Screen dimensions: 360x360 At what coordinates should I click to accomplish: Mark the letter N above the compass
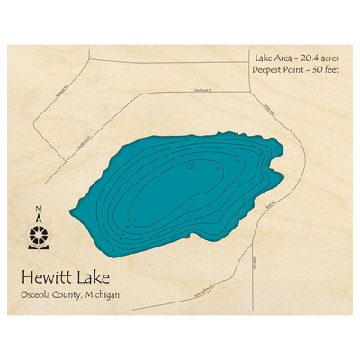pos(38,212)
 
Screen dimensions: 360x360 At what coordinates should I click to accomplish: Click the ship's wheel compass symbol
pos(38,236)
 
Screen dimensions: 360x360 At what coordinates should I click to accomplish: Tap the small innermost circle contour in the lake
pos(192,166)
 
